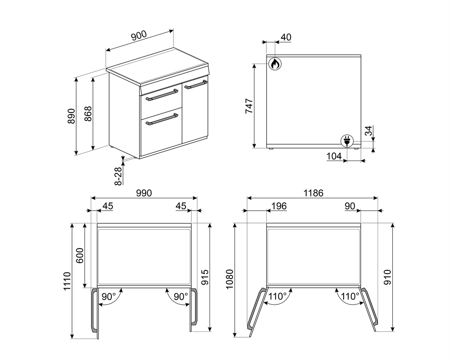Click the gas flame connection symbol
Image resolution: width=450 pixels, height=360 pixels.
[275, 63]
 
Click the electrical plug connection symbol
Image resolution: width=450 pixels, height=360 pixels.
[347, 141]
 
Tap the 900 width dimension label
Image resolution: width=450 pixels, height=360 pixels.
[139, 36]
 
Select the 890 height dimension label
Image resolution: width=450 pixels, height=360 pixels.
[71, 116]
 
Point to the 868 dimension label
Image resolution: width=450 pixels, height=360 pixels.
[88, 114]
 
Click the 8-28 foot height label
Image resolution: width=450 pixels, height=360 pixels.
[118, 176]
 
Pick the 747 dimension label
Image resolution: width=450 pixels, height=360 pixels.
[249, 106]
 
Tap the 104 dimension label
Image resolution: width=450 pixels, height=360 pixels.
[334, 156]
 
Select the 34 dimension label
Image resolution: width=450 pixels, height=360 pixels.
[369, 131]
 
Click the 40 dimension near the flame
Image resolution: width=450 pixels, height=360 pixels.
[286, 37]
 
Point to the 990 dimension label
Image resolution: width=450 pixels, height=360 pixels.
[144, 193]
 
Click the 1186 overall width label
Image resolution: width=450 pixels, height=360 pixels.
[313, 193]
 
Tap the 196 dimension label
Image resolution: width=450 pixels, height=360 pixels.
[279, 206]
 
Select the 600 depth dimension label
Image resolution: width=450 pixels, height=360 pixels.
[79, 255]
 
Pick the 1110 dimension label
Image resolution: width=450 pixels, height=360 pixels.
[67, 281]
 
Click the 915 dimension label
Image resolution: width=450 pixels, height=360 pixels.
[205, 277]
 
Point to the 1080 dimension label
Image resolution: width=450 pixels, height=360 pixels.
[229, 279]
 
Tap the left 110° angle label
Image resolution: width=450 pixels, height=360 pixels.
[277, 297]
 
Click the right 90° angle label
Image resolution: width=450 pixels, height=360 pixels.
[181, 297]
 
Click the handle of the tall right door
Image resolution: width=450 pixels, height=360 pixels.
[196, 84]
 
